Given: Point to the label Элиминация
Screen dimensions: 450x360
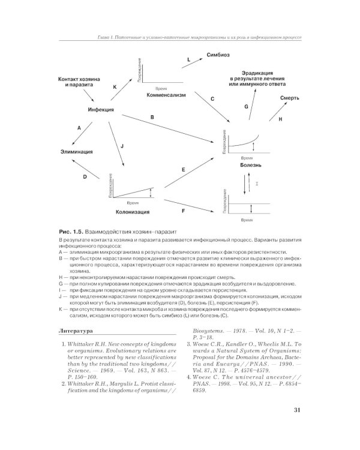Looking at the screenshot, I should tap(76, 152).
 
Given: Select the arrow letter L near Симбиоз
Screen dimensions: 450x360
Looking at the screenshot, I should tap(188, 60).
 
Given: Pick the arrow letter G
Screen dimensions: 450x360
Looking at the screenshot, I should tap(246, 106).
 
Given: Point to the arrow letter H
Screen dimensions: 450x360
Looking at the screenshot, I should tap(280, 119).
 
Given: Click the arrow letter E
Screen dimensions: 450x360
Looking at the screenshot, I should tap(183, 170).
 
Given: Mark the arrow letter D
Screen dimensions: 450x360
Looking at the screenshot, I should tap(85, 177).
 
